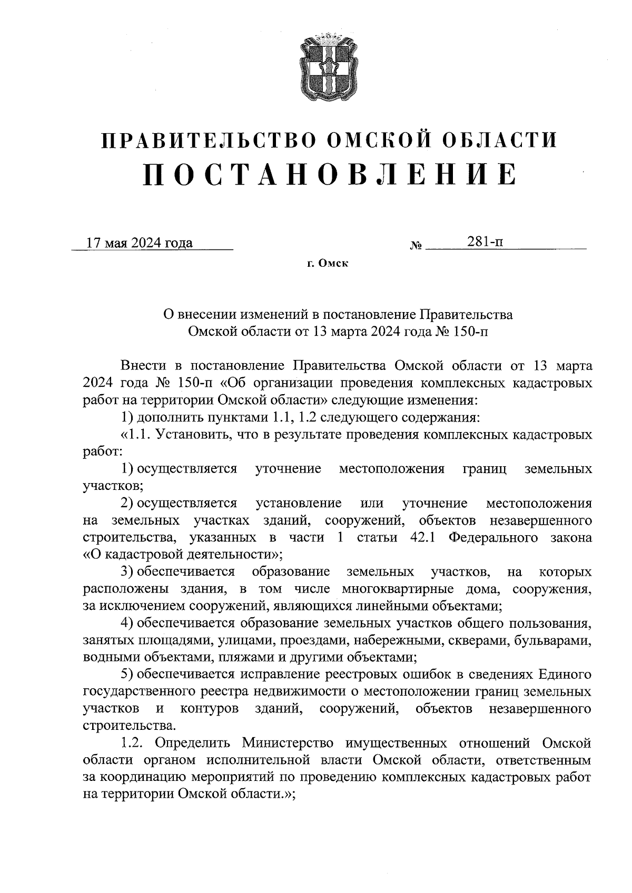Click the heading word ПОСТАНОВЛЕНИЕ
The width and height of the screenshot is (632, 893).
pyautogui.click(x=330, y=174)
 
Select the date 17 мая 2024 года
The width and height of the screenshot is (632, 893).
pyautogui.click(x=140, y=243)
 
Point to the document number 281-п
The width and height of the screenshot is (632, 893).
pyautogui.click(x=485, y=242)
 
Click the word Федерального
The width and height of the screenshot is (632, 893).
pyautogui.click(x=498, y=537)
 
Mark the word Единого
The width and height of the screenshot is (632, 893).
pyautogui.click(x=564, y=674)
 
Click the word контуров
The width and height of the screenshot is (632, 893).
pyautogui.click(x=209, y=709)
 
